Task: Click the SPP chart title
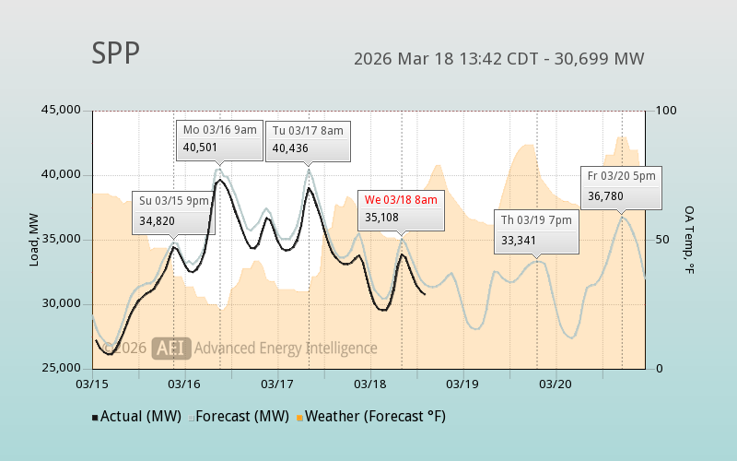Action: [116, 54]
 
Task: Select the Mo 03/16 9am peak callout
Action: [219, 139]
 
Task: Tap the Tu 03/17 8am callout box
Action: [307, 140]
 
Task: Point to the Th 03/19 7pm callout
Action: [536, 230]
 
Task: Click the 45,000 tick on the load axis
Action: [61, 111]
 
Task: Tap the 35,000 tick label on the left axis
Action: [61, 240]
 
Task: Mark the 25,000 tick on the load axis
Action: [61, 369]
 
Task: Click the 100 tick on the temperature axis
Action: [666, 111]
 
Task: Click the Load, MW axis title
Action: [34, 240]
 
